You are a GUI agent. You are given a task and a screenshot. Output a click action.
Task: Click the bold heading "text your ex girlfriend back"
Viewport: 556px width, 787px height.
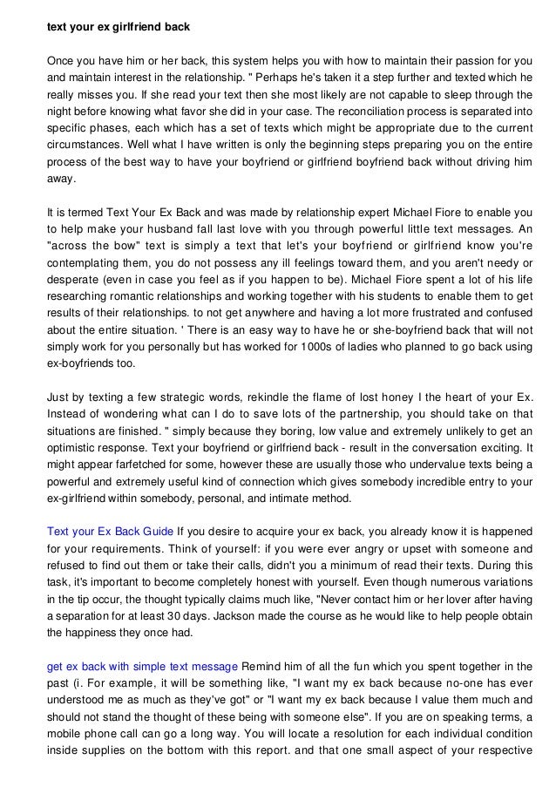pos(118,27)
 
